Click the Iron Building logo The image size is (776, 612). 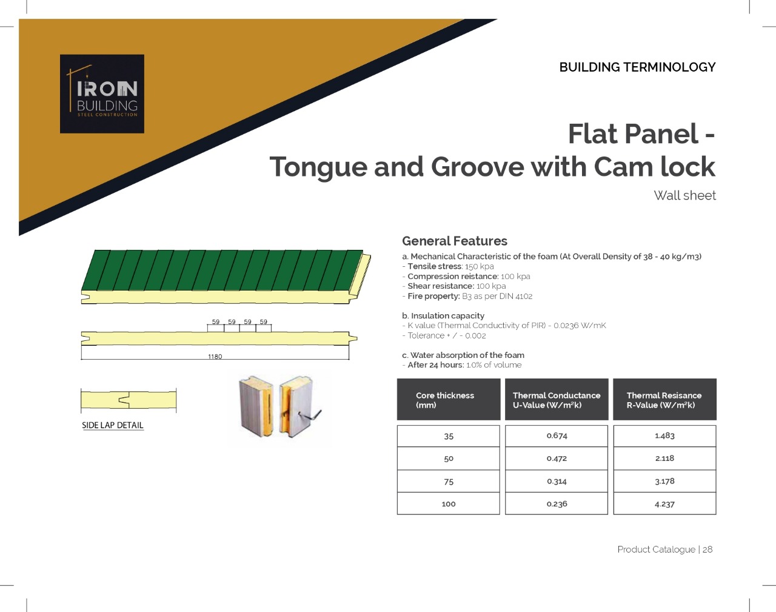tap(102, 94)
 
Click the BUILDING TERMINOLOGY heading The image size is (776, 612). tap(637, 67)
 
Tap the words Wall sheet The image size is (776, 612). tap(684, 195)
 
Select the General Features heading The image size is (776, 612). tap(454, 241)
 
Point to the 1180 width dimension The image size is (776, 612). tap(215, 357)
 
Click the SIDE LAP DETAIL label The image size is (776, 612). tap(113, 425)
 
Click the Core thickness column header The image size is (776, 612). tap(449, 400)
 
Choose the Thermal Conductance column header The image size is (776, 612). tap(557, 400)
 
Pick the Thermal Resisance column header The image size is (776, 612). tap(664, 400)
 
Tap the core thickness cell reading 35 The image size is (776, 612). tap(449, 436)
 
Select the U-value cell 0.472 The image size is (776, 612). tap(557, 459)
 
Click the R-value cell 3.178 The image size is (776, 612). tap(664, 481)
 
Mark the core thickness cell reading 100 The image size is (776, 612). tap(449, 504)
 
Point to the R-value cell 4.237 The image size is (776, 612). tap(664, 504)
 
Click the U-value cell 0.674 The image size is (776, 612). tap(557, 436)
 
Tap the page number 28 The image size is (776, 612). tap(707, 549)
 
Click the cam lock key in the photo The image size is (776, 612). tap(311, 416)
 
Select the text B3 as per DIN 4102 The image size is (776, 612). tap(497, 296)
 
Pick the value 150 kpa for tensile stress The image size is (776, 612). tap(479, 266)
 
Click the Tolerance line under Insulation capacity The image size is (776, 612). tap(444, 335)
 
